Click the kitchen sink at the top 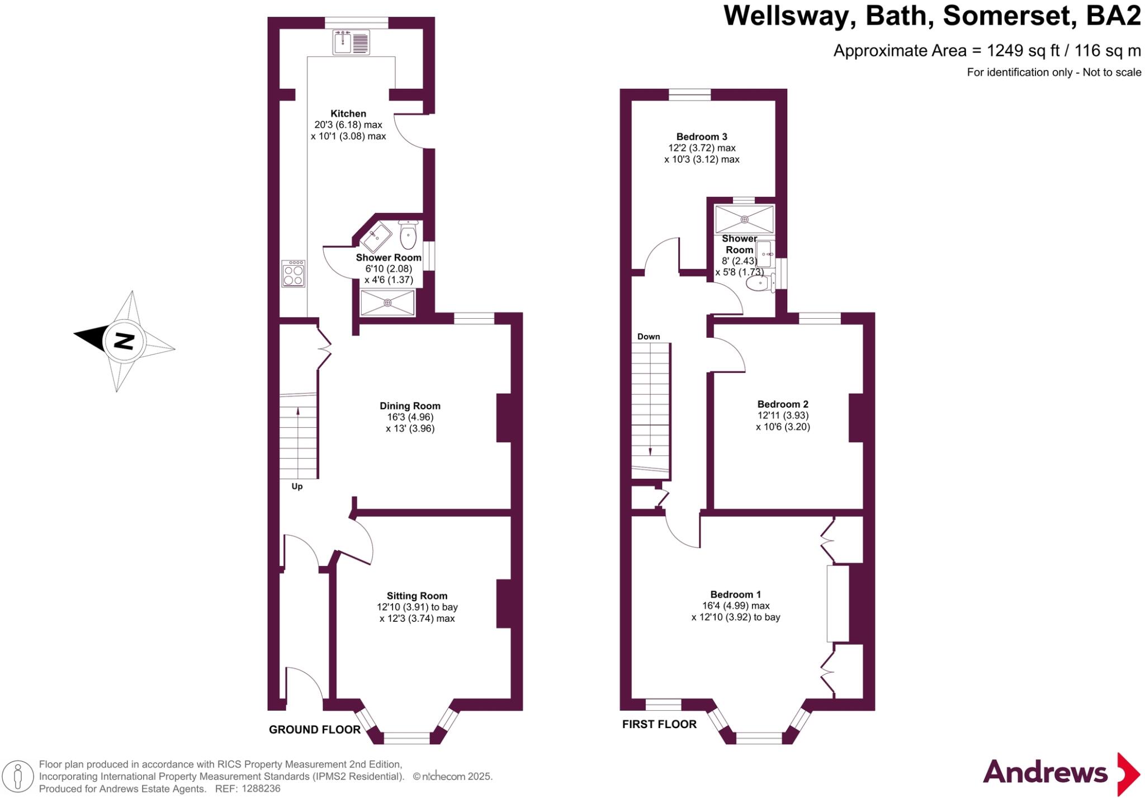(x=351, y=43)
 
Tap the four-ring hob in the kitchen (x=294, y=273)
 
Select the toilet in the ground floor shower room (x=409, y=235)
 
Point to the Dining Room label (x=410, y=406)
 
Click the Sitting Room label (x=417, y=596)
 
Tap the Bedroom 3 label (x=702, y=136)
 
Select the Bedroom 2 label (x=783, y=404)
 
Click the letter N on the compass (x=124, y=341)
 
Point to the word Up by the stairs (x=297, y=487)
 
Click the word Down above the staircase (x=649, y=337)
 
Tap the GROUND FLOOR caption (x=314, y=729)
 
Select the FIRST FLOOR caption (x=659, y=724)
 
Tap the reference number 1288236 (x=259, y=789)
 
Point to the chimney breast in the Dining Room (x=504, y=418)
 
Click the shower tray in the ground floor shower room (x=387, y=303)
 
